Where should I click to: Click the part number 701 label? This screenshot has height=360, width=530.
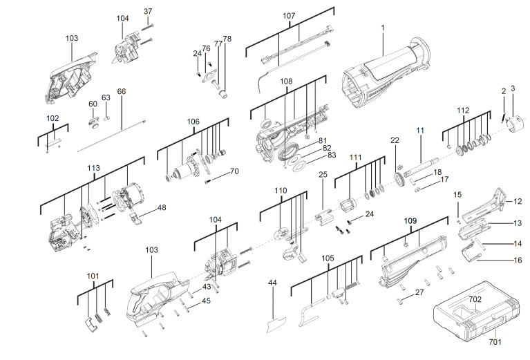coord(494,341)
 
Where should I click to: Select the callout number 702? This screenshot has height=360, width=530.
coord(475,299)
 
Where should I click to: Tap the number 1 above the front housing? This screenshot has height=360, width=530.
coord(382,27)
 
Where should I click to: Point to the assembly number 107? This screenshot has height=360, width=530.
coord(289,15)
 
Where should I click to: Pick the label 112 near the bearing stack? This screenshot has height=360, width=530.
coord(462,110)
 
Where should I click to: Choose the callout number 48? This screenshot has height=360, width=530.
coord(162,207)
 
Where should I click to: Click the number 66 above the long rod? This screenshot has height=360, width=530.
coord(122,91)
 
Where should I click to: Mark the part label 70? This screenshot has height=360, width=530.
coord(234,171)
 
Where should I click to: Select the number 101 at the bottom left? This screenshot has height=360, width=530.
coord(93,276)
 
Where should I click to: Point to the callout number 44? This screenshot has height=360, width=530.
coord(272,283)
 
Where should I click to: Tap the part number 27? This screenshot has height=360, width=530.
coord(419,293)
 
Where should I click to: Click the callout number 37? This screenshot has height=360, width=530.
coord(147,12)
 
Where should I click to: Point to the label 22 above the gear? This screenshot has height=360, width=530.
coord(395,140)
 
